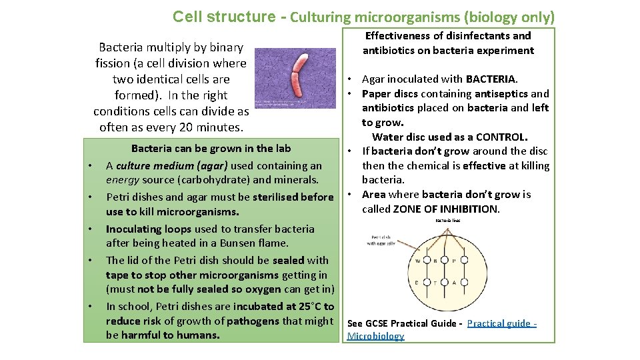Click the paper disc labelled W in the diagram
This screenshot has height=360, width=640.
(419, 261)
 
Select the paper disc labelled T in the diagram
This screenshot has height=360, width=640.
(435, 283)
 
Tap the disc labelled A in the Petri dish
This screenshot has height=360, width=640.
(454, 283)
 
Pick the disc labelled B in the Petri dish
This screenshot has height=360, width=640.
(435, 261)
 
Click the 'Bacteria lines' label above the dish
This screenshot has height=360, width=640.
(447, 221)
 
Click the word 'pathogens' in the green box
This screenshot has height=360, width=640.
(253, 321)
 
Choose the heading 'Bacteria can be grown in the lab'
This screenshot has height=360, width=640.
(211, 148)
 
